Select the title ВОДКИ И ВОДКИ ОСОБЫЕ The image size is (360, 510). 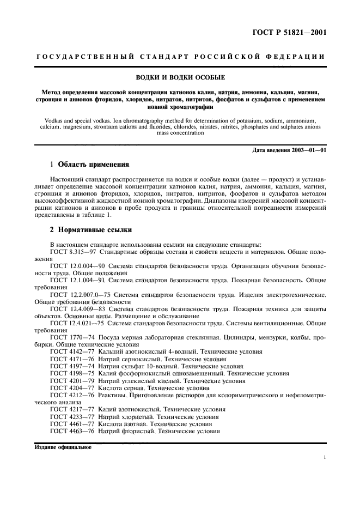[x=180, y=78]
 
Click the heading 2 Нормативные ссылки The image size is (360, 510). [x=90, y=230]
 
